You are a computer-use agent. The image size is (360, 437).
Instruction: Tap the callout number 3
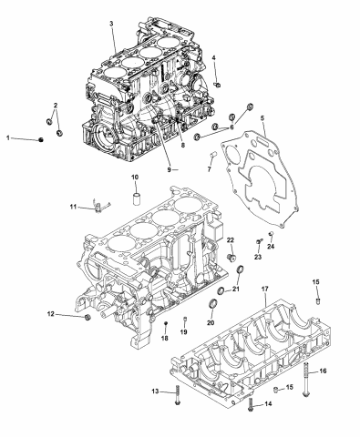click(111, 23)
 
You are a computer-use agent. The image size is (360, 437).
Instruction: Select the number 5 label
click(262, 119)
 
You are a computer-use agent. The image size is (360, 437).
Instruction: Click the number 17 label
click(265, 290)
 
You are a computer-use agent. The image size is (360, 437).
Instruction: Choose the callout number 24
click(271, 245)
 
